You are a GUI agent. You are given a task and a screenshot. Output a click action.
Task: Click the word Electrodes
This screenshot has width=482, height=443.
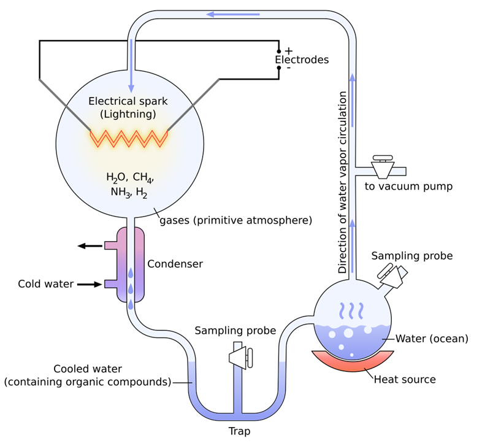[301, 60]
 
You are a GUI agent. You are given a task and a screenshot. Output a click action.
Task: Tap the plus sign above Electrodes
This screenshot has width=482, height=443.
[289, 50]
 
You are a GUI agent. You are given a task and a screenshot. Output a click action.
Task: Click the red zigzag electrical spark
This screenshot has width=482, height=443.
[129, 138]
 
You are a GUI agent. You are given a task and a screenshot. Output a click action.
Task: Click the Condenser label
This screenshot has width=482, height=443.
[175, 264]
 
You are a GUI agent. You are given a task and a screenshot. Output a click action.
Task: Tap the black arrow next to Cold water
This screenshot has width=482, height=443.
[90, 284]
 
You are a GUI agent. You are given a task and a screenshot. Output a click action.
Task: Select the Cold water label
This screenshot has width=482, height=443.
[45, 284]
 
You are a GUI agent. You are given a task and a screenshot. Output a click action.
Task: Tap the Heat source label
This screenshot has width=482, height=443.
[405, 379]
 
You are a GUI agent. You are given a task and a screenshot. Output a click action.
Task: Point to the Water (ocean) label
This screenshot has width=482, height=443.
[432, 338]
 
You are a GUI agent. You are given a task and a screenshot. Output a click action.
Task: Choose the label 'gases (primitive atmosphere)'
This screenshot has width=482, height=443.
[235, 220]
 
